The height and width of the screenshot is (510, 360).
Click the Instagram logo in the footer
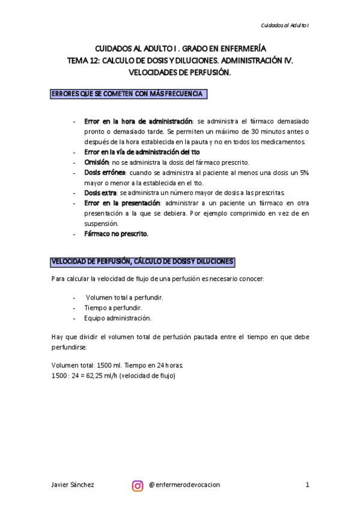pos(138,485)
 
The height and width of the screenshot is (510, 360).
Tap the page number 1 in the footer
pos(307,485)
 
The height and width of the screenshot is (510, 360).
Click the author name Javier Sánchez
pos(73,485)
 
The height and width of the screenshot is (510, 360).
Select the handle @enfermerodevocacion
pos(184,485)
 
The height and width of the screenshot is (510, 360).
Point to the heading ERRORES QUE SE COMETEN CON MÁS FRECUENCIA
pos(129,94)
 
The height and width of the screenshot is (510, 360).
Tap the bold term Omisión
pos(97,162)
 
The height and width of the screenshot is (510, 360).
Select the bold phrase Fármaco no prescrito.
pos(116,233)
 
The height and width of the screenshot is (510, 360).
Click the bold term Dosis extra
pos(100,192)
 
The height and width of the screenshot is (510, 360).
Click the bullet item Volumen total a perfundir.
pos(124,297)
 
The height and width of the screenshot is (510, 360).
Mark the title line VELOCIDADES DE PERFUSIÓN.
pos(180,72)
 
